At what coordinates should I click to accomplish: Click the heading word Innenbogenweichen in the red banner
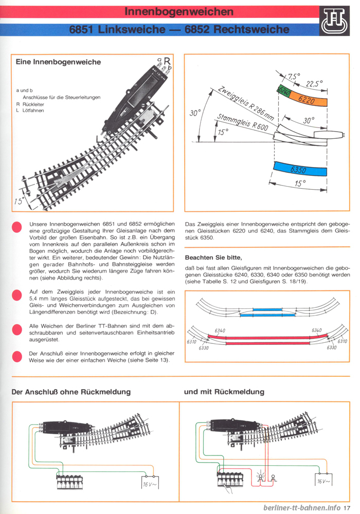(x=179, y=11)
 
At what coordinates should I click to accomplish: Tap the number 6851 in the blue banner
(x=84, y=29)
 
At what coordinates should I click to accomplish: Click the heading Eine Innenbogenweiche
(x=58, y=62)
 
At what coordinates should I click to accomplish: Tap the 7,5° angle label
(x=294, y=77)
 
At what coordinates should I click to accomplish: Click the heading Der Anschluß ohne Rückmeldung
(x=71, y=392)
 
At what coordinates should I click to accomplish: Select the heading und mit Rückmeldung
(x=224, y=392)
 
